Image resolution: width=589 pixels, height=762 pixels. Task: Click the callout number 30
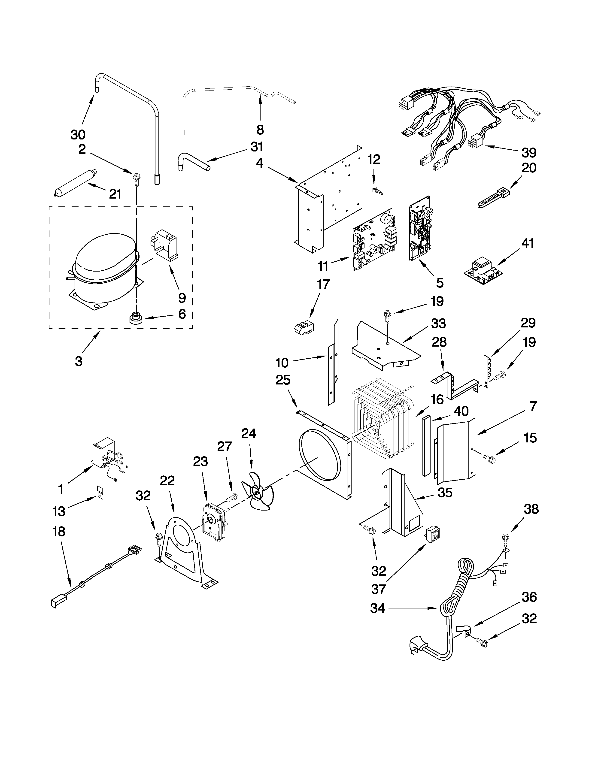[x=78, y=134]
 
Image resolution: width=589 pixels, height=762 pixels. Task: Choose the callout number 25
[x=283, y=380]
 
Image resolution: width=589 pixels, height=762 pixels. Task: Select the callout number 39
[x=529, y=152]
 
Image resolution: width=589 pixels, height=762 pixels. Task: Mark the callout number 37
[x=379, y=589]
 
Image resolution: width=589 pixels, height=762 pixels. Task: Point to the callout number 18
[x=59, y=532]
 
